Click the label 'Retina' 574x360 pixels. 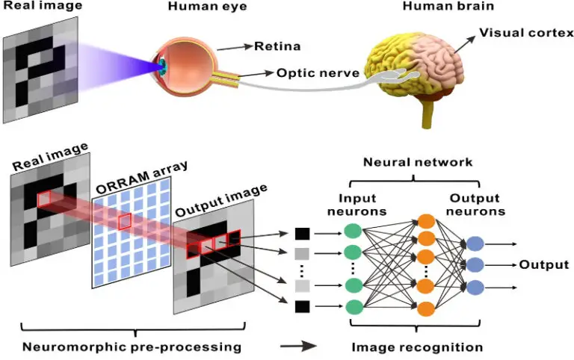277,46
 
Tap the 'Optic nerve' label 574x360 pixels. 318,72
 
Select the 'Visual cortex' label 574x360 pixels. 526,33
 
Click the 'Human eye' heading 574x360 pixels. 207,6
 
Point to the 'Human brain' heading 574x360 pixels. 448,6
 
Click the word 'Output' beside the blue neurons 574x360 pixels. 544,264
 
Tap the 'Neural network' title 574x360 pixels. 418,162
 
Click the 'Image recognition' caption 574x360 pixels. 417,347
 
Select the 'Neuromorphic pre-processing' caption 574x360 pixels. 132,347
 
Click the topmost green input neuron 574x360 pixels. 353,231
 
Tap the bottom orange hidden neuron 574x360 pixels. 426,308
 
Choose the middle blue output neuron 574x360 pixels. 475,264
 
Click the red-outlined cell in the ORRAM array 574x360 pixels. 125,221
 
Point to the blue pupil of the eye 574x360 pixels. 161,65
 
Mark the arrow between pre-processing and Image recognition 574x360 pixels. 298,346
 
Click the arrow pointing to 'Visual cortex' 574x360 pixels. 465,44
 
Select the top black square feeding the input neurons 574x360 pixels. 303,234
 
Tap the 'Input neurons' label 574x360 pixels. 357,205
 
